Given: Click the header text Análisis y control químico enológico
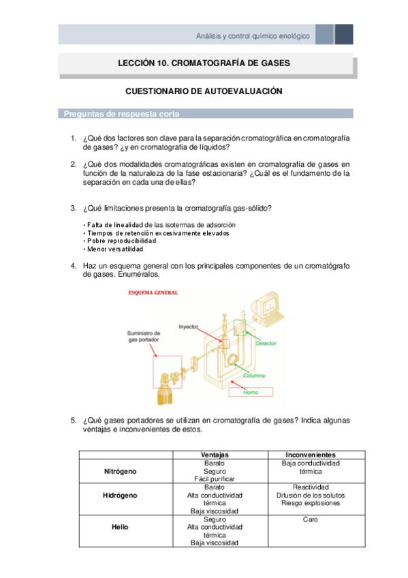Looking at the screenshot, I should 252,35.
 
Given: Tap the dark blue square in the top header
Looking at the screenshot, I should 344,34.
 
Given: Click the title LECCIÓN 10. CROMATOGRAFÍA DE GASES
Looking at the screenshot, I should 204,63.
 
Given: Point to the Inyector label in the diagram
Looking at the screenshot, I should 189,326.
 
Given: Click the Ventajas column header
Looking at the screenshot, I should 215,455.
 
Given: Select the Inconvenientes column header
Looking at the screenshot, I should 310,455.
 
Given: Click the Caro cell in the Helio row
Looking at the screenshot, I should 310,519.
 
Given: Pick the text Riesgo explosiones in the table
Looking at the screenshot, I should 310,503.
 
